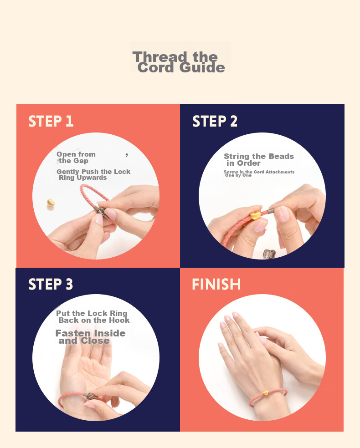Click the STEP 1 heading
pyautogui.click(x=51, y=121)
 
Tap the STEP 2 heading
pyautogui.click(x=215, y=121)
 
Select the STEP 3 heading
pyautogui.click(x=51, y=284)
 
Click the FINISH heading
pyautogui.click(x=216, y=284)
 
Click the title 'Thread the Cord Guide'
pyautogui.click(x=178, y=62)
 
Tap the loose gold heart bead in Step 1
pyautogui.click(x=51, y=203)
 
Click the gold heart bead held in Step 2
pyautogui.click(x=255, y=215)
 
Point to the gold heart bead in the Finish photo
pyautogui.click(x=266, y=393)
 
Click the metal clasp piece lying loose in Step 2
pyautogui.click(x=269, y=254)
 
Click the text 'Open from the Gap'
pyautogui.click(x=76, y=158)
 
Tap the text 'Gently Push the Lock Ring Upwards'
pyautogui.click(x=93, y=174)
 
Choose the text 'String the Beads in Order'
pyautogui.click(x=259, y=160)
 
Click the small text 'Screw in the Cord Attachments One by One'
pyautogui.click(x=259, y=173)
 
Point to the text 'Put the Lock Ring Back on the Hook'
pyautogui.click(x=93, y=317)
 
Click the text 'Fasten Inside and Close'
pyautogui.click(x=90, y=337)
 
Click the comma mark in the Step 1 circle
pyautogui.click(x=127, y=155)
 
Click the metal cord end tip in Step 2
pyautogui.click(x=270, y=211)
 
